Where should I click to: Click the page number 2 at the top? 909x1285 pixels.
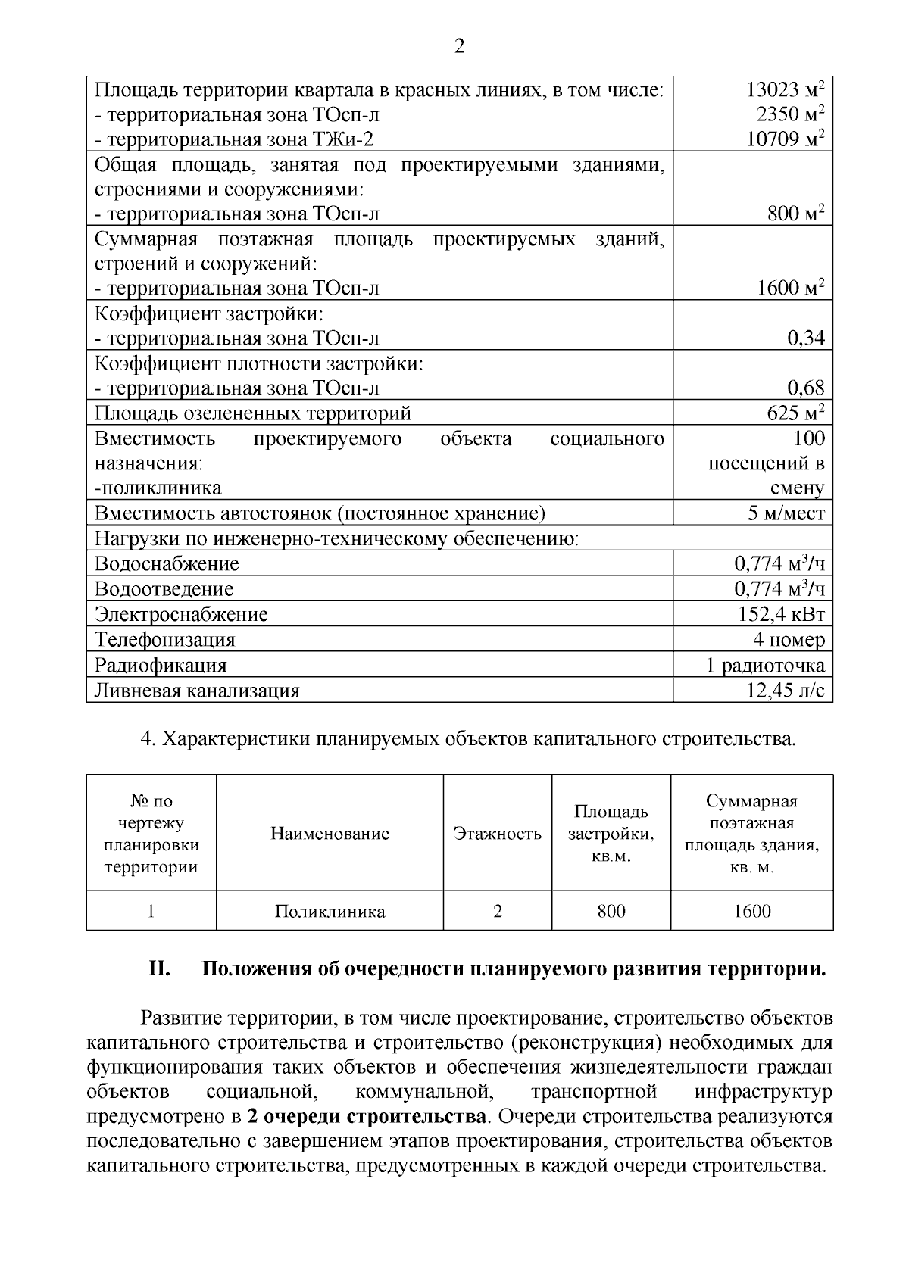coord(459,48)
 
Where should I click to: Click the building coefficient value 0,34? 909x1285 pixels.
coord(805,338)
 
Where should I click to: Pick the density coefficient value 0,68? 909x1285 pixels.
coord(805,388)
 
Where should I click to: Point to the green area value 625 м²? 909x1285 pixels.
coord(795,413)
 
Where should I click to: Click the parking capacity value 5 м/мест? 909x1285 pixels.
coord(786,513)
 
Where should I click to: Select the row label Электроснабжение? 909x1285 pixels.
coord(181,614)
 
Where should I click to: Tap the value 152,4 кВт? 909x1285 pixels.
coord(781,614)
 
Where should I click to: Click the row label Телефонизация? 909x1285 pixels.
coord(165,640)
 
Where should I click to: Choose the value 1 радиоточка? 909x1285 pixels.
coord(765,666)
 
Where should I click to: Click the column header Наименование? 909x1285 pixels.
coord(330,834)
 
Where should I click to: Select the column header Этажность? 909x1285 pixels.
coord(497,834)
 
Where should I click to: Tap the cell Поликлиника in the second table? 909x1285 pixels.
coord(330,912)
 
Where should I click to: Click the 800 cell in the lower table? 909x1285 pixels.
coord(611,912)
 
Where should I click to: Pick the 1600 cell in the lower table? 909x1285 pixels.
coord(751,912)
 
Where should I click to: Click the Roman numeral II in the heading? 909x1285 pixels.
coord(159,970)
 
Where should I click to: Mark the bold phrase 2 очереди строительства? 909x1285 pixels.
coord(367,1117)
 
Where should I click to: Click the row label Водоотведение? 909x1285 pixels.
coord(164,589)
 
